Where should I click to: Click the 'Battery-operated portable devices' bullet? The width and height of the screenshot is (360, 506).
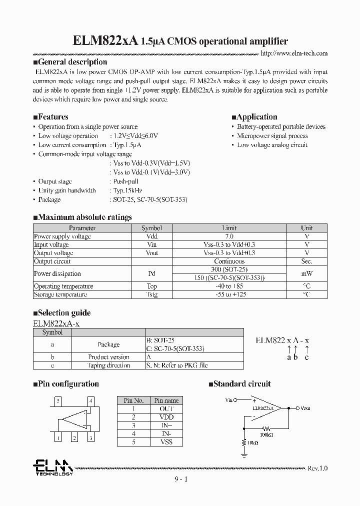[x=280, y=127]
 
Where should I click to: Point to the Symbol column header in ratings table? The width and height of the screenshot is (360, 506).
[x=151, y=228]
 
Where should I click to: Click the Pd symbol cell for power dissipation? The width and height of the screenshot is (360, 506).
[x=151, y=273]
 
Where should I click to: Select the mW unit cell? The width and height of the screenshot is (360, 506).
[x=306, y=273]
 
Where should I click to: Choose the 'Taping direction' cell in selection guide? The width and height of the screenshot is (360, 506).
[x=108, y=365]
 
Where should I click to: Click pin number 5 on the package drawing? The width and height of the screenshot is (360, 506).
[x=58, y=401]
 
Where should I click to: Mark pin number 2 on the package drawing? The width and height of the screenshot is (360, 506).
[x=74, y=438]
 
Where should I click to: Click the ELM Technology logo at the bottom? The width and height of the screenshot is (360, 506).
[x=53, y=467]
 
